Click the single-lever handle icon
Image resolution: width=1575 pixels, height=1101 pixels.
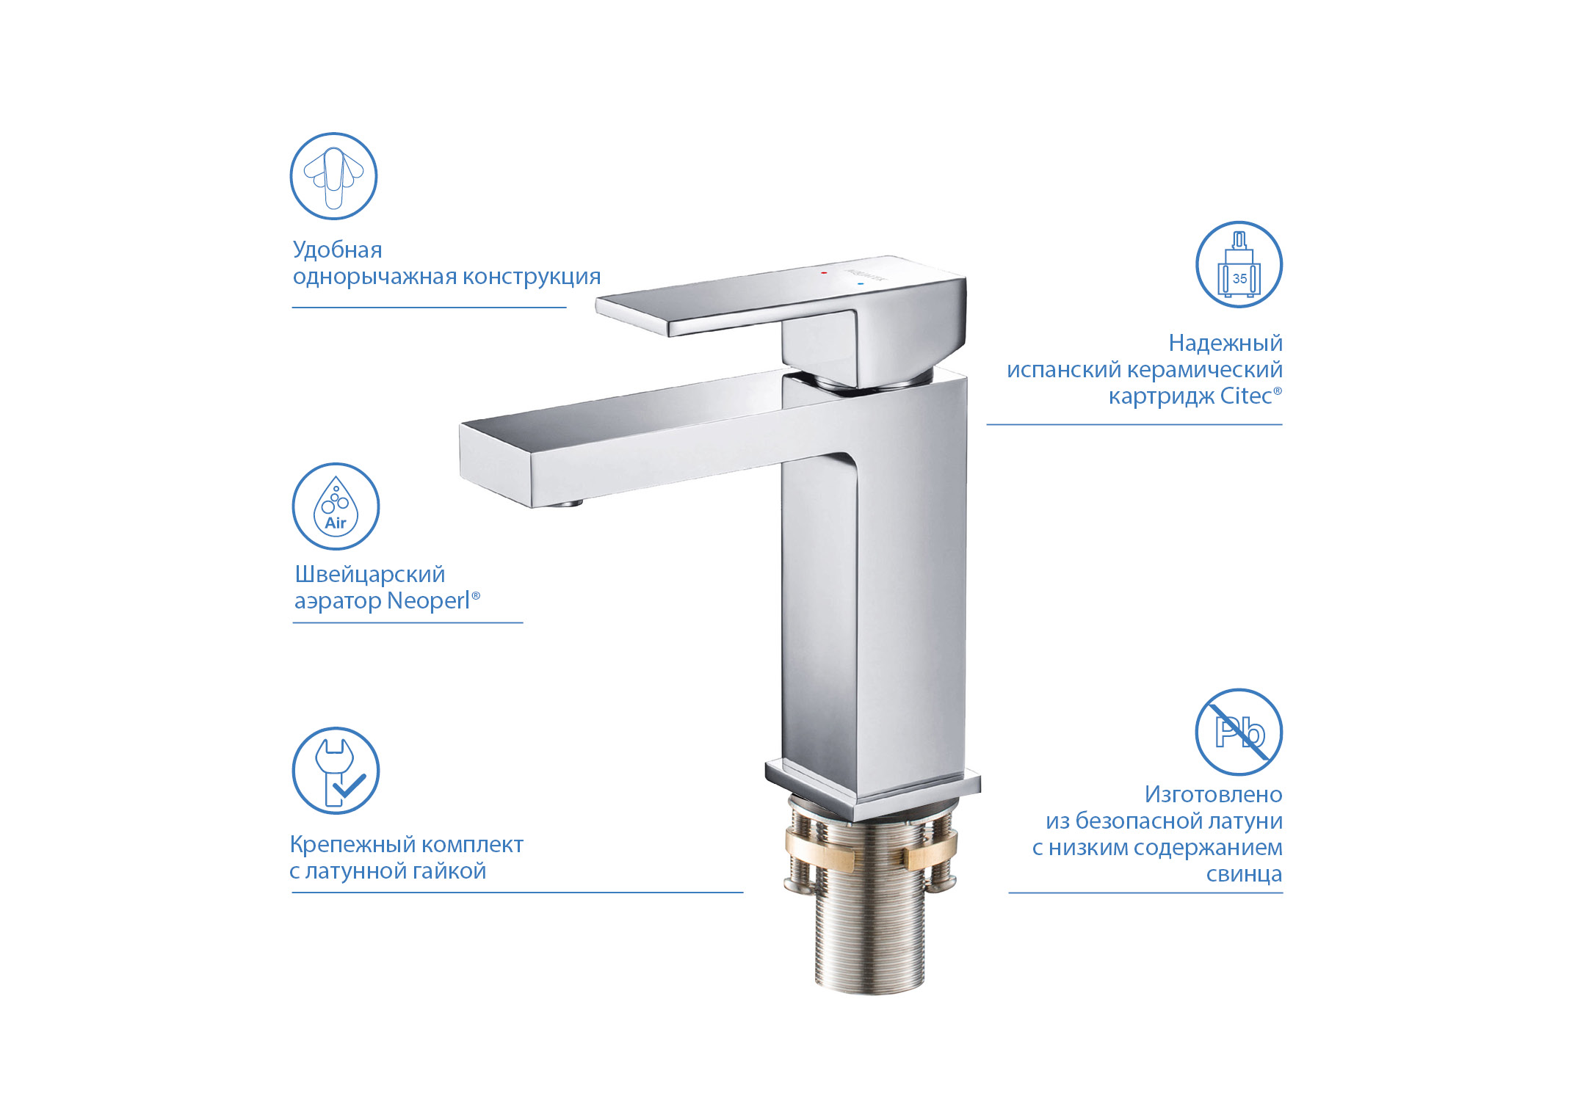click(x=333, y=176)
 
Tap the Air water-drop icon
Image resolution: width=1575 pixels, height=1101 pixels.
click(x=336, y=506)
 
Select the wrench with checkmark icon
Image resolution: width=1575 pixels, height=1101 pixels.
click(x=336, y=771)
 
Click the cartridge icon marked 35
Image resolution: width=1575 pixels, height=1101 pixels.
click(x=1239, y=264)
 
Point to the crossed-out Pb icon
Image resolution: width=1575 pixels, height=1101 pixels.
click(x=1239, y=732)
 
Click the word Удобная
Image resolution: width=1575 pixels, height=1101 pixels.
click(x=337, y=250)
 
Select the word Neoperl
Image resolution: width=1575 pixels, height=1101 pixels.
click(x=428, y=601)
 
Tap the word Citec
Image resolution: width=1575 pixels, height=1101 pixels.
click(x=1245, y=396)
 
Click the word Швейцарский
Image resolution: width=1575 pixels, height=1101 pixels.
click(x=369, y=575)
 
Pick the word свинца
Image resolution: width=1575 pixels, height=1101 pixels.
click(x=1244, y=874)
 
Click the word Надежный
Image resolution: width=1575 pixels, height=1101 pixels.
click(x=1225, y=343)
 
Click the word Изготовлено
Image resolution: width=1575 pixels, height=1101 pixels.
click(x=1213, y=795)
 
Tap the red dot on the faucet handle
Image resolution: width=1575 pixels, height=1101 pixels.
click(x=824, y=272)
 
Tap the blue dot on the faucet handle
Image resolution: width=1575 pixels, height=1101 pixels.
click(x=860, y=283)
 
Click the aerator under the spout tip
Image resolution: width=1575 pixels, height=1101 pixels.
click(x=566, y=504)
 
